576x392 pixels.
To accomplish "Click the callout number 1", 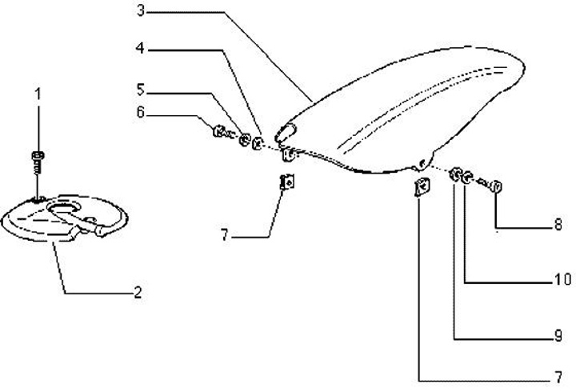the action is tap(37, 94).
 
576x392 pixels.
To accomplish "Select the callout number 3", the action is tap(141, 11).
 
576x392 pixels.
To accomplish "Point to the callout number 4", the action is tap(141, 49).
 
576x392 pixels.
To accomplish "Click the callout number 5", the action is tap(141, 89).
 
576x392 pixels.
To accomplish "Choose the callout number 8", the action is tap(558, 226).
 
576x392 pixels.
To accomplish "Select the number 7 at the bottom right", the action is tap(558, 377).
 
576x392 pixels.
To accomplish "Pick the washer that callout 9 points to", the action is tap(457, 174).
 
